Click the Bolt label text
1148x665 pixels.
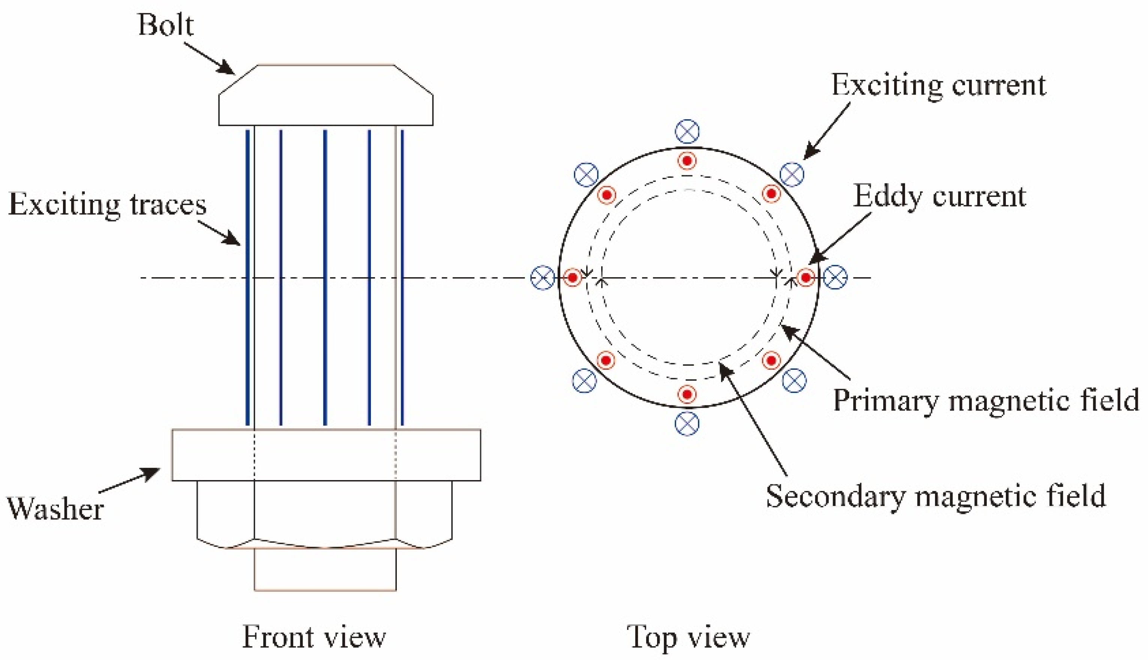[x=165, y=25]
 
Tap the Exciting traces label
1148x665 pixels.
[x=108, y=204]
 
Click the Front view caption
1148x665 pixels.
[x=314, y=637]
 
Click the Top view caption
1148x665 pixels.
[x=688, y=637]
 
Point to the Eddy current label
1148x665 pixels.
[x=939, y=197]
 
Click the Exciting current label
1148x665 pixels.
[x=938, y=85]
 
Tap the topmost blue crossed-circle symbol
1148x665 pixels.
[x=687, y=131]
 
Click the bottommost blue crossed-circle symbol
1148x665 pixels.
[x=687, y=423]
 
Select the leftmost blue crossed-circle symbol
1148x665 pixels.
[x=543, y=278]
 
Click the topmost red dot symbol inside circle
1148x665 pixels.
[x=687, y=161]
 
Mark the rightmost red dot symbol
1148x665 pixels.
[x=806, y=278]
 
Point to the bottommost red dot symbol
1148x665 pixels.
[x=687, y=394]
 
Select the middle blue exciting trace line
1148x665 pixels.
[x=325, y=278]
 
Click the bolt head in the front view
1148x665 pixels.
[x=325, y=96]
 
